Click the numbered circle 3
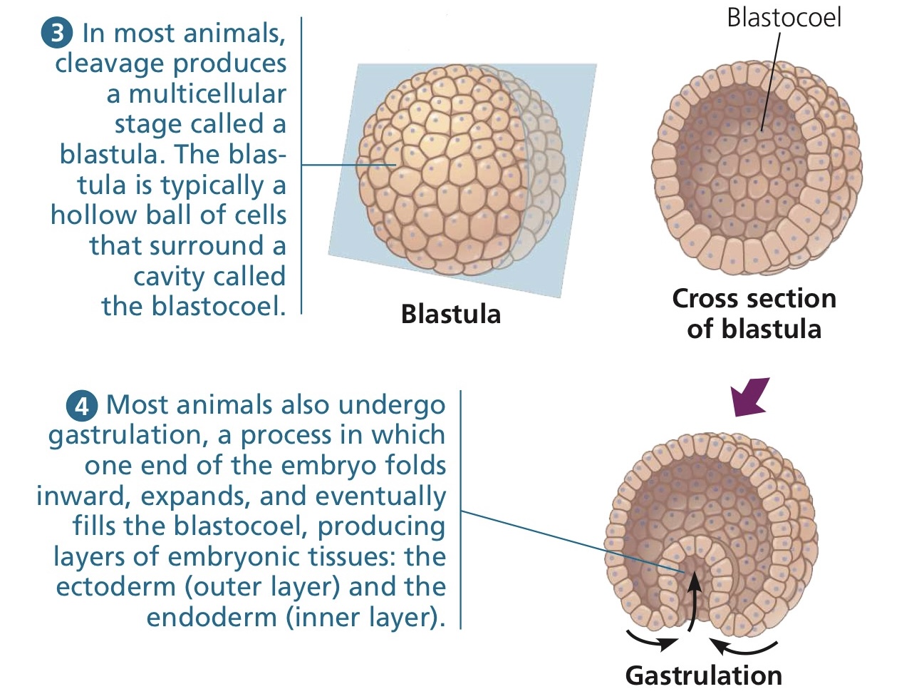57,34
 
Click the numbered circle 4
81,405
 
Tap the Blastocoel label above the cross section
783,18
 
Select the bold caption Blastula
450,314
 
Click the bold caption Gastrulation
703,675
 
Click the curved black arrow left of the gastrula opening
651,640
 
